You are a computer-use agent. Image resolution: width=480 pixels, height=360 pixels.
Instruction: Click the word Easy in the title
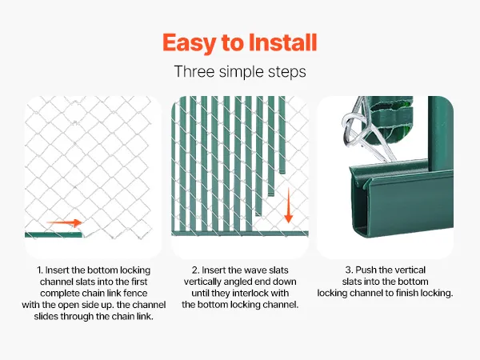189,43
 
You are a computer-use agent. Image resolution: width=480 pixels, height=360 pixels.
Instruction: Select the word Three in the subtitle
194,72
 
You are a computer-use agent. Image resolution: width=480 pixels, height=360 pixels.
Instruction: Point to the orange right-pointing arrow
64,222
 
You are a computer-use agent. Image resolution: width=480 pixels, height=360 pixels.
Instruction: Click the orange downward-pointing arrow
288,205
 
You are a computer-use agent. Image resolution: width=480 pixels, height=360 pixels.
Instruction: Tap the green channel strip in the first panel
54,235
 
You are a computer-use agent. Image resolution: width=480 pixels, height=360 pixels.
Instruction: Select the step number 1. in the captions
40,270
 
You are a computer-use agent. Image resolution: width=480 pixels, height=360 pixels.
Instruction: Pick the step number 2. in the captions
196,270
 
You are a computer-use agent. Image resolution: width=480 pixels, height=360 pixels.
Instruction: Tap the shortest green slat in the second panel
282,134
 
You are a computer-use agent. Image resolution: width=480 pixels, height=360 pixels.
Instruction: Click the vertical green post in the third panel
440,134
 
